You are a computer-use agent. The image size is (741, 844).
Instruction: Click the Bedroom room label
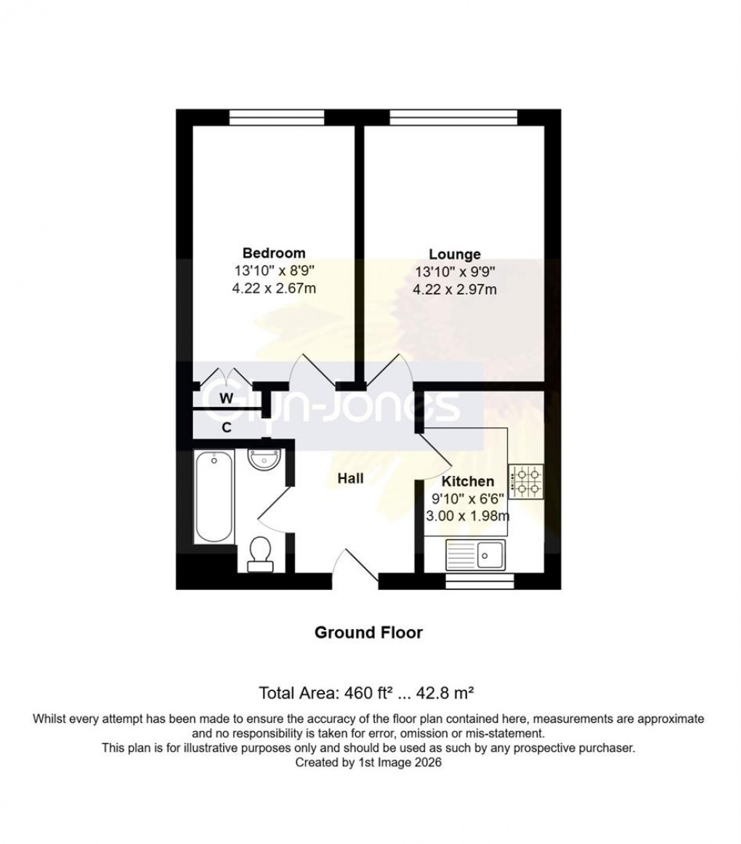coord(273,253)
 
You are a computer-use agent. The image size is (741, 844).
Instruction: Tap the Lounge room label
coord(455,255)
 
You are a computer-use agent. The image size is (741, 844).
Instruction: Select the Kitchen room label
coord(469,481)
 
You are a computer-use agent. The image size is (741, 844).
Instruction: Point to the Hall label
coord(350,478)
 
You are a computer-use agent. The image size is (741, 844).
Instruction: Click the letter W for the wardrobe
coord(227,398)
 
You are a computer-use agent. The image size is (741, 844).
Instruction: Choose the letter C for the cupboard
coord(227,427)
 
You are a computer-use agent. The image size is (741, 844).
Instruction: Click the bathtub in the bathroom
coord(214,497)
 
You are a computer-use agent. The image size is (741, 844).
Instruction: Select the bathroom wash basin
coord(262,460)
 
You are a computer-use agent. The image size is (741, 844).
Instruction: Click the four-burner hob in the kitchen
coord(526,482)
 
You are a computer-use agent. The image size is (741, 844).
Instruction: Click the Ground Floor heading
coord(368,633)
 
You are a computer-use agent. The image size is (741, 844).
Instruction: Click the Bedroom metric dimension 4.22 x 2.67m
coord(274,288)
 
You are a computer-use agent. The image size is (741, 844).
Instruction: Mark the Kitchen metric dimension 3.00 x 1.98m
coord(469,516)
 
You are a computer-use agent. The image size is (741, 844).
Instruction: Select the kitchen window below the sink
coord(479,581)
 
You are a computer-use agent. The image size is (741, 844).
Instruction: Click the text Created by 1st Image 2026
coord(368,763)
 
